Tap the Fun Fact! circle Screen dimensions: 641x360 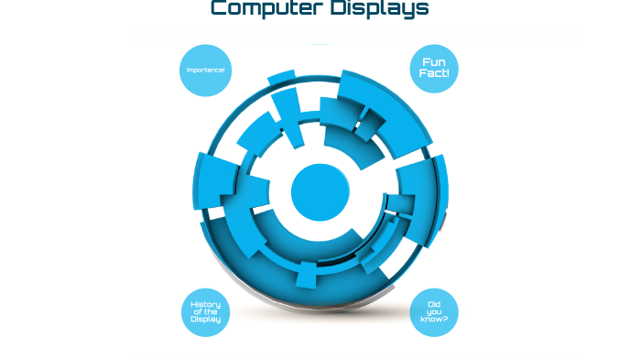coord(434,68)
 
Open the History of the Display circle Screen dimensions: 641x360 coord(206,312)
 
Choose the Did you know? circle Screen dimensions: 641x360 coord(434,312)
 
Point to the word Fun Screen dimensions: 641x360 coord(434,62)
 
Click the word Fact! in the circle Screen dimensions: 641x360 coord(434,73)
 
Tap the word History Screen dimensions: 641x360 coord(206,304)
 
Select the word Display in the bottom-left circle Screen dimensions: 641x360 coord(206,320)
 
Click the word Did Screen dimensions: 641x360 coord(434,304)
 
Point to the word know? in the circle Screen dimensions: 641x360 coord(434,321)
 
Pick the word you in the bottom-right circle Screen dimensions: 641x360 coord(434,312)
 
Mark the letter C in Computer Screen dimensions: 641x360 coord(219,9)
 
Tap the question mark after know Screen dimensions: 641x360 coord(445,321)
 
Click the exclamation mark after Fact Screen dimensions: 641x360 coord(448,73)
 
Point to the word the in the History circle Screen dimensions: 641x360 coord(212,312)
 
